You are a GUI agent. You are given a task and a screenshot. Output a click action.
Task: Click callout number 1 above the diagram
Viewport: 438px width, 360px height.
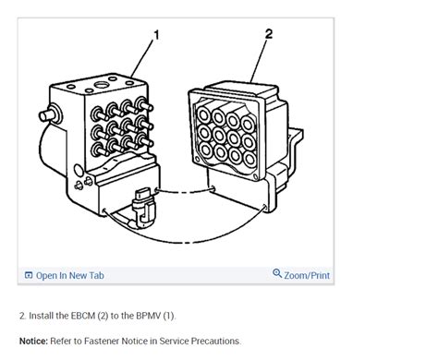pos(156,35)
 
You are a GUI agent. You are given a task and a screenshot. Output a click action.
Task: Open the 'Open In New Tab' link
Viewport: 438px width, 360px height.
pos(69,275)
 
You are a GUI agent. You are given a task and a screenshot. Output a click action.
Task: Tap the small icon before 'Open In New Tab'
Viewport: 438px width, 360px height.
pos(29,275)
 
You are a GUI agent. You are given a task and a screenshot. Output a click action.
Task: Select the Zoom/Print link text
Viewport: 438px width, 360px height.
pos(308,275)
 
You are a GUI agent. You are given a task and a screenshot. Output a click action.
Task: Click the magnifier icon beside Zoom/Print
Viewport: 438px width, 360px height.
pos(277,274)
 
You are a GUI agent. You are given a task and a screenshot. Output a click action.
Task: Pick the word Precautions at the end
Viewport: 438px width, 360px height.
pos(214,341)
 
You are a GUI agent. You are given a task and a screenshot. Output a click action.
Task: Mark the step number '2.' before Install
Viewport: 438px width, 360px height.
pos(22,316)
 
